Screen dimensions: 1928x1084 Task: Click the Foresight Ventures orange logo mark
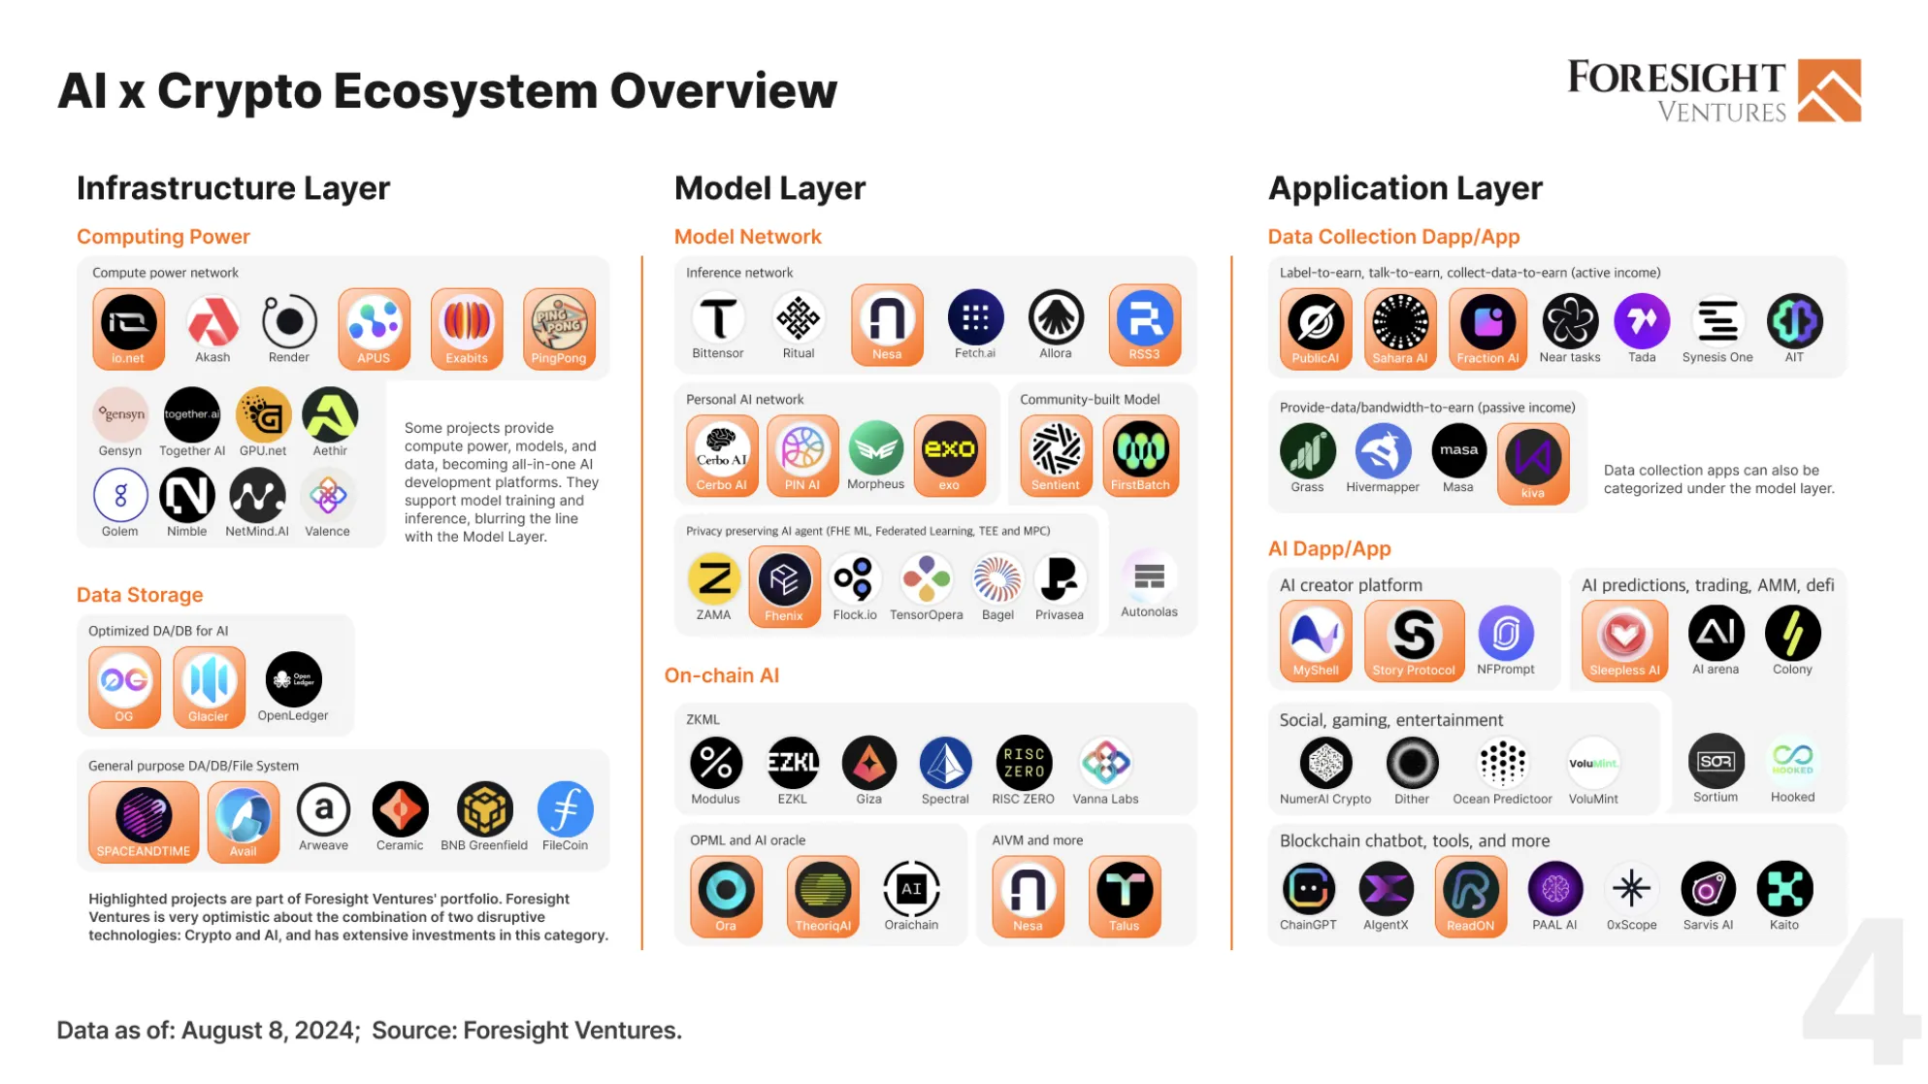1829,90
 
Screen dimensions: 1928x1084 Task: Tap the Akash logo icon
212,321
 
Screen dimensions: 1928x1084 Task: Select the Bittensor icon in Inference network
718,317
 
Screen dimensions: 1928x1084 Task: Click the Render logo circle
289,321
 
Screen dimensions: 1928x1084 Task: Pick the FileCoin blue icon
565,809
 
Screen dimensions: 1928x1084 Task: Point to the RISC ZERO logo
1024,763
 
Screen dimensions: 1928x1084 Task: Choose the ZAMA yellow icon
714,579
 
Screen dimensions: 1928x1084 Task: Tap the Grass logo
1307,451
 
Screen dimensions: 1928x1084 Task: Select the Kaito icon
1784,888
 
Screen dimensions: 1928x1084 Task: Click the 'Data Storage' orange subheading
140,595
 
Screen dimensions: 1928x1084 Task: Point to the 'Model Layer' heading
769,187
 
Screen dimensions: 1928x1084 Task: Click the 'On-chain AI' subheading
722,675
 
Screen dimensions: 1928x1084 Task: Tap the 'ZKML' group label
703,719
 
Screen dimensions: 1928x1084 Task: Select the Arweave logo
323,809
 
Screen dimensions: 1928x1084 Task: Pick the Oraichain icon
911,888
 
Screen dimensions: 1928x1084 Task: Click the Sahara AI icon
1400,321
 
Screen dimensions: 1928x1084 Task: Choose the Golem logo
120,495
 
